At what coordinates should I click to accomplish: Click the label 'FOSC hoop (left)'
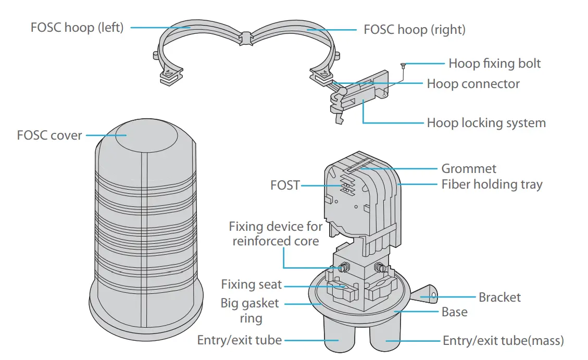pos(77,27)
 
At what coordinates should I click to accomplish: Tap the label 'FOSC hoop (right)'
pos(414,29)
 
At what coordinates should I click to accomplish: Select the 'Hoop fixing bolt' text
pos(494,64)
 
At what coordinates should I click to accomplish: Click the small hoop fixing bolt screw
pos(403,65)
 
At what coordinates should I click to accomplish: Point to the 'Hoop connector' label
pos(473,84)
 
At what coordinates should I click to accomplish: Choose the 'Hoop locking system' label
pos(486,123)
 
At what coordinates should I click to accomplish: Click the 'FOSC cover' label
pos(49,135)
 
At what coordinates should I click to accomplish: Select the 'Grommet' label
pos(469,168)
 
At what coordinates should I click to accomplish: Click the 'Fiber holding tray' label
pos(492,184)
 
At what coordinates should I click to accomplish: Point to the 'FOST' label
pos(285,185)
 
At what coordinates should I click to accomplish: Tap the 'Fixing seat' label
pos(251,284)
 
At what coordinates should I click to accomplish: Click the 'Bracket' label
pos(499,297)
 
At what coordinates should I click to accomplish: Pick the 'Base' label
pos(454,312)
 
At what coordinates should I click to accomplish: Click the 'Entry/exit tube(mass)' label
pos(503,341)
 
